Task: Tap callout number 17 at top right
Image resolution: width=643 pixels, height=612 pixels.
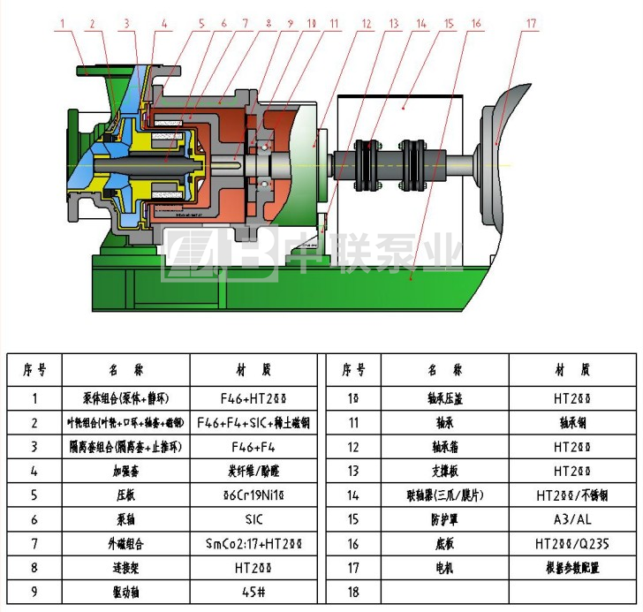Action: pyautogui.click(x=530, y=24)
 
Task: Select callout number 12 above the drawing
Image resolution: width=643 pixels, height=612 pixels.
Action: pyautogui.click(x=364, y=24)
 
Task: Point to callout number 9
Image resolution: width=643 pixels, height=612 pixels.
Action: pyautogui.click(x=288, y=24)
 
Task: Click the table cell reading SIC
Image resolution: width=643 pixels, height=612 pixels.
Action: pyautogui.click(x=253, y=519)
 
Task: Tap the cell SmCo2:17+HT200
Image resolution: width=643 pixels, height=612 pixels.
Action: pyautogui.click(x=253, y=544)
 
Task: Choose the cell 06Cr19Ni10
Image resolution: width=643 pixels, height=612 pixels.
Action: pyautogui.click(x=253, y=495)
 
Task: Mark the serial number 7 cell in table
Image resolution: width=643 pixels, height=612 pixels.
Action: pyautogui.click(x=34, y=544)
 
